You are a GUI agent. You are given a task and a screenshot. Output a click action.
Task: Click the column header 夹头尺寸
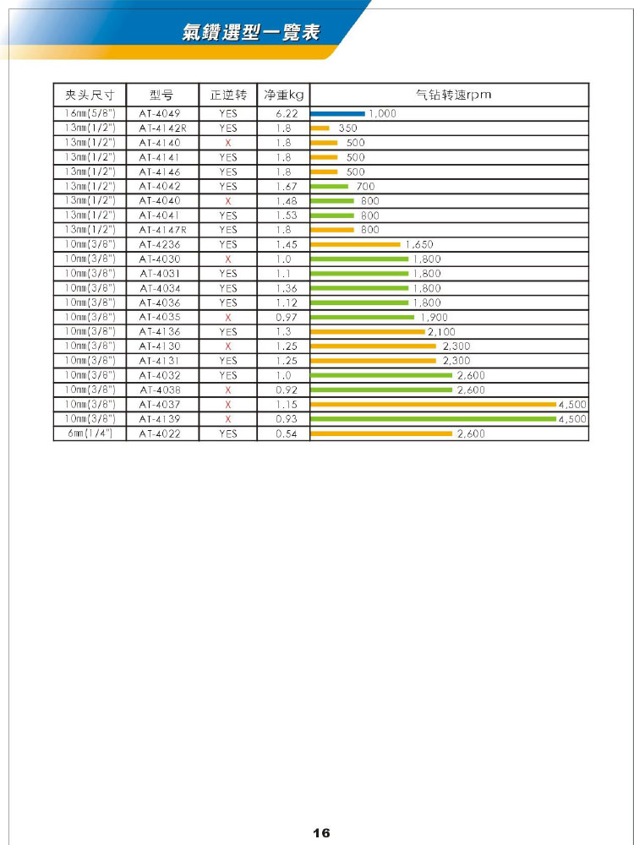[89, 95]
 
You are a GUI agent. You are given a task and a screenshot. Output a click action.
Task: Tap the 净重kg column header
[283, 95]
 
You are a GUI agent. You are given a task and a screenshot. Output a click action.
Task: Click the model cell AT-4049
[161, 113]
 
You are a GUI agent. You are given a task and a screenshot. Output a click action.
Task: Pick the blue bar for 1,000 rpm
[337, 113]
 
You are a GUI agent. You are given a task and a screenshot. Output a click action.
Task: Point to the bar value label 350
[347, 128]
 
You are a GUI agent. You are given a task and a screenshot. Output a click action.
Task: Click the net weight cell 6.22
[283, 113]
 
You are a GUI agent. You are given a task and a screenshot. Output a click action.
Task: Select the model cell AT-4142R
[161, 128]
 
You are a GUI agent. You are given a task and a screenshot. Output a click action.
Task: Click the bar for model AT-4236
[355, 244]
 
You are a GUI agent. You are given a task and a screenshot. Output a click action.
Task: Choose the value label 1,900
[435, 317]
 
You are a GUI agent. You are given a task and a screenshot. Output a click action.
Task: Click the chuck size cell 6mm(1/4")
[89, 433]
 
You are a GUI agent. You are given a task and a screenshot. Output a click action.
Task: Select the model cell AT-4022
[161, 433]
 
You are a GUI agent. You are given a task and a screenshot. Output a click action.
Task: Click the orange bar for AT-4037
[433, 404]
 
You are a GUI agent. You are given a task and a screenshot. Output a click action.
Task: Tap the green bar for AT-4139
[433, 418]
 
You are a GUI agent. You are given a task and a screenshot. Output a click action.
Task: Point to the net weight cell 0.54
[283, 433]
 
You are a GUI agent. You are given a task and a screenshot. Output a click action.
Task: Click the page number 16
[321, 833]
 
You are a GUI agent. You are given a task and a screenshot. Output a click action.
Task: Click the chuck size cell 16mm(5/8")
[89, 113]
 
